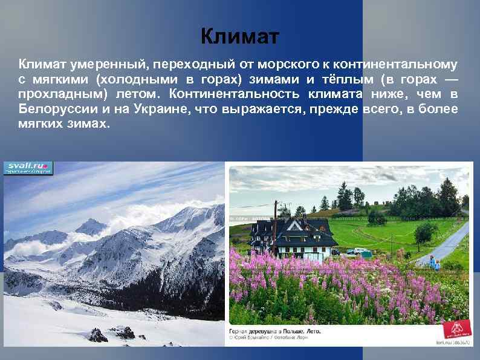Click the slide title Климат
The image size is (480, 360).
click(240, 38)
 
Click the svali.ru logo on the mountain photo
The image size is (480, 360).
click(28, 168)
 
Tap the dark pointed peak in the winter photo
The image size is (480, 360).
click(91, 226)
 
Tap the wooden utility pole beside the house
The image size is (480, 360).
click(276, 227)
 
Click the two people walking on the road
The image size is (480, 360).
click(433, 262)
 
